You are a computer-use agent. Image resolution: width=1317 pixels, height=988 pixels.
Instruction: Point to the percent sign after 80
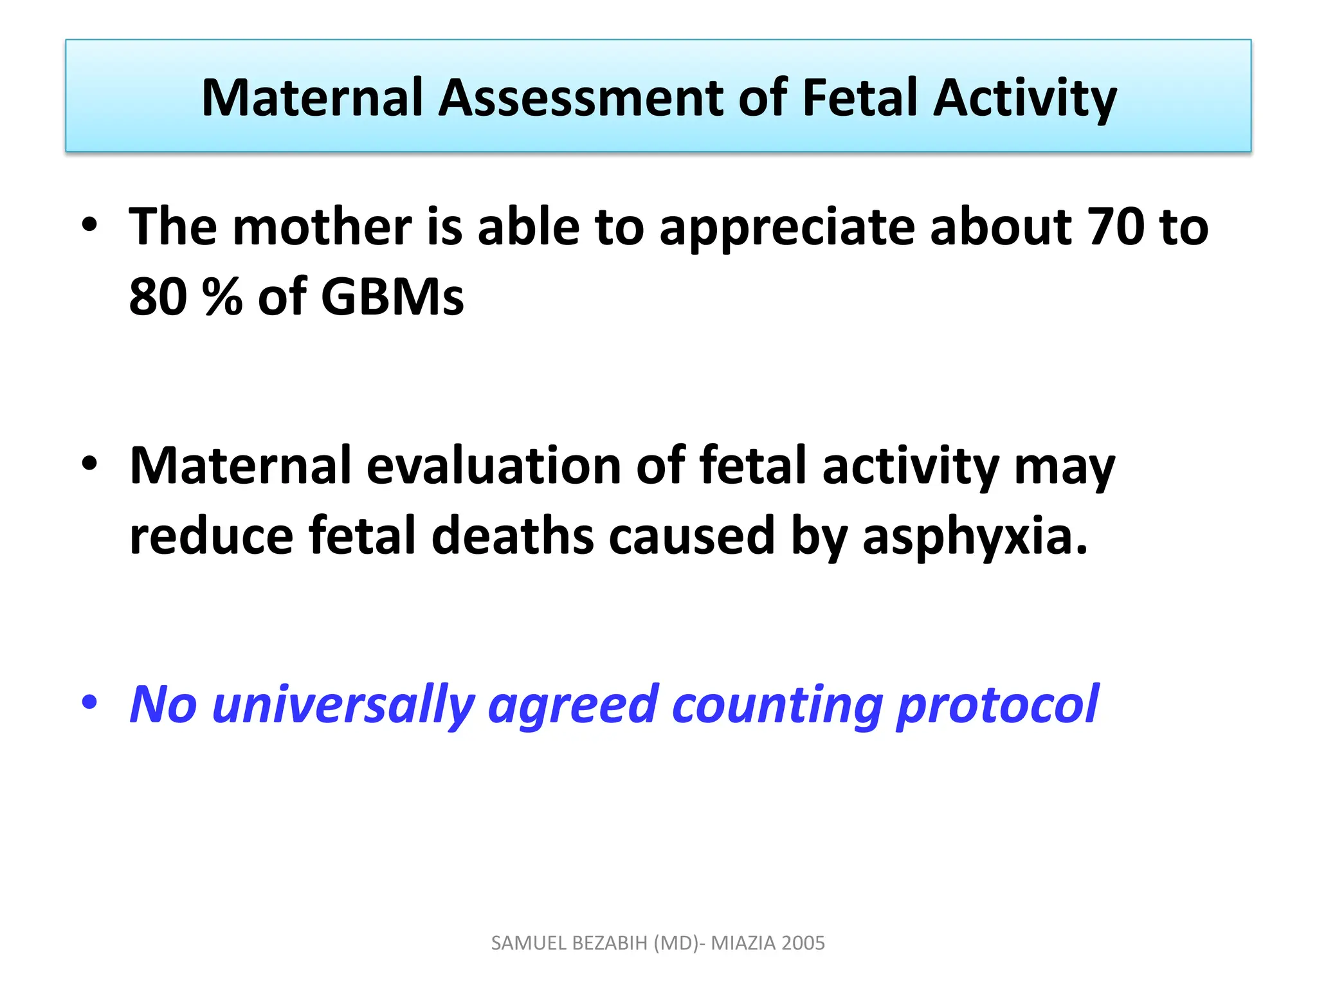[222, 297]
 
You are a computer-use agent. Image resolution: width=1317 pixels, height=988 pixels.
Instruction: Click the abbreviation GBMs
[392, 297]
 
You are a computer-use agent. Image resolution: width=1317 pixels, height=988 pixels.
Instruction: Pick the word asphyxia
[974, 536]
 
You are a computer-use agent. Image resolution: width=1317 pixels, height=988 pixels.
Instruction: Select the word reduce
[211, 536]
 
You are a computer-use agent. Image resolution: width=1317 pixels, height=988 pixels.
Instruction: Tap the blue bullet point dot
[89, 702]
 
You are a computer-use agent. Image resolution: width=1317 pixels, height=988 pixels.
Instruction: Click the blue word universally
[343, 705]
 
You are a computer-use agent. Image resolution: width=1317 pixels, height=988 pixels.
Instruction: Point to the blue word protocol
[997, 705]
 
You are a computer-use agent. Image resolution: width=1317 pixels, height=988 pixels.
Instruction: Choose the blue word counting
[777, 705]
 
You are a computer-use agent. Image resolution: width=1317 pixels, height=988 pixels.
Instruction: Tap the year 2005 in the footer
[804, 943]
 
